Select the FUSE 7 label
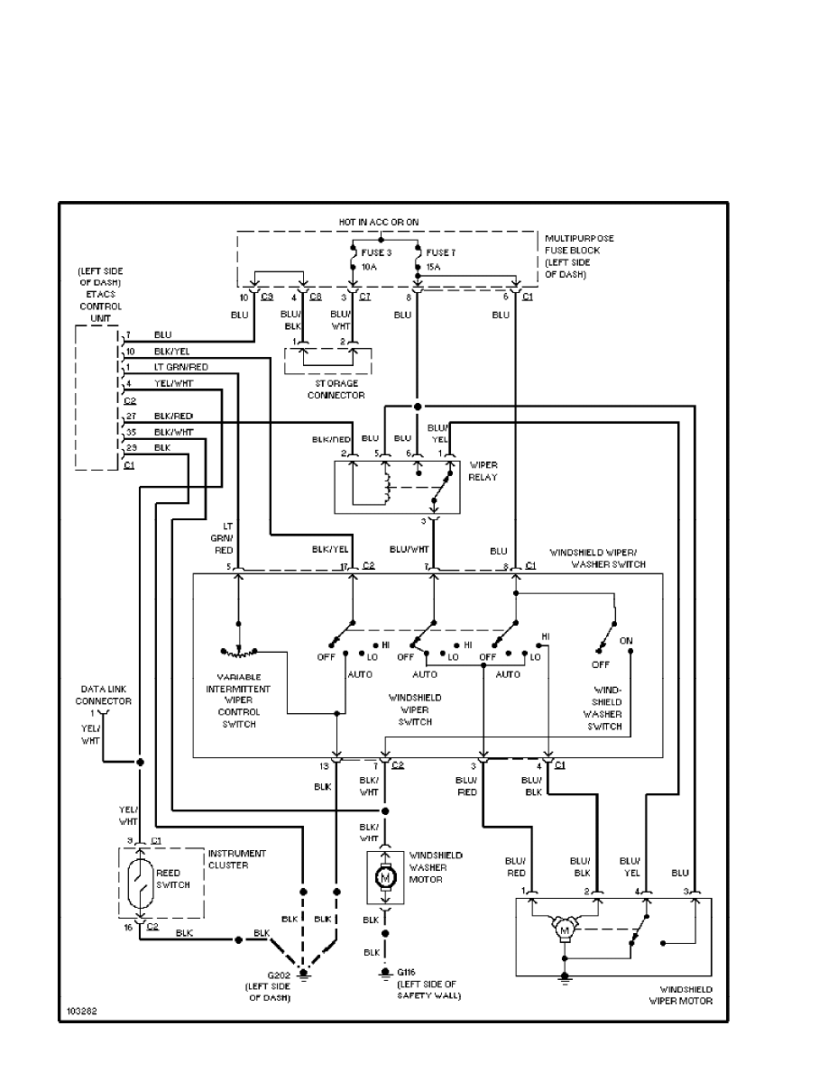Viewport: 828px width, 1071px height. [x=441, y=253]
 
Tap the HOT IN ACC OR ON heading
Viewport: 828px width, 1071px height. [x=379, y=222]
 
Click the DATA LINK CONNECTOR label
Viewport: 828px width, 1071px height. [x=103, y=694]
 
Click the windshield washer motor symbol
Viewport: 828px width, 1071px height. [x=385, y=875]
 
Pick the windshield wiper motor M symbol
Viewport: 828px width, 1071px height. [x=566, y=929]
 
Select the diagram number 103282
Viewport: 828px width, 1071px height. [x=79, y=1012]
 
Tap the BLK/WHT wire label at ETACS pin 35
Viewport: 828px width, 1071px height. [x=174, y=432]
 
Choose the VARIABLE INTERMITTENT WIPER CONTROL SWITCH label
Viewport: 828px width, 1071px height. [x=239, y=700]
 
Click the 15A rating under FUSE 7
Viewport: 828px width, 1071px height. [x=432, y=268]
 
